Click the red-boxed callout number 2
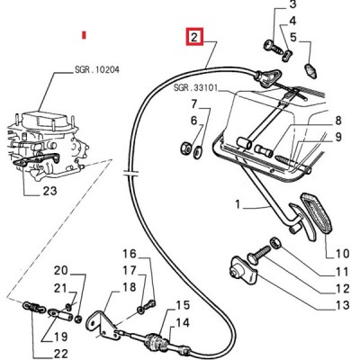(194, 37)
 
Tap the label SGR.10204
(96, 69)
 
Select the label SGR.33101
(195, 88)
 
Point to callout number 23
(49, 191)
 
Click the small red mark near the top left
(84, 34)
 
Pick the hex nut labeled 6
(185, 148)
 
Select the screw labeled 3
(274, 47)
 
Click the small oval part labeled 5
(310, 70)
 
